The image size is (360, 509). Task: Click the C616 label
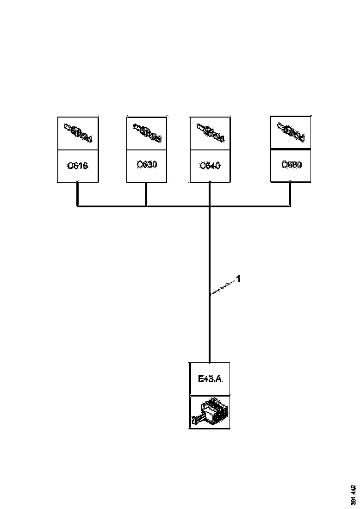point(78,166)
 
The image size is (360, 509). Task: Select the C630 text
point(147,164)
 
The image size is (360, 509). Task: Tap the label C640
point(210,165)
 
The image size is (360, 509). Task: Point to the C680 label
point(292,165)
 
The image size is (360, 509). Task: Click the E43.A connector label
point(210,379)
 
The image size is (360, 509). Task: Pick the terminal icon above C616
point(78,133)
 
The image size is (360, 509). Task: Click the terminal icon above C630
point(147,132)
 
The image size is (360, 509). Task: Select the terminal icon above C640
point(210,132)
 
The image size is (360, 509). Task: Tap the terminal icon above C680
point(291,131)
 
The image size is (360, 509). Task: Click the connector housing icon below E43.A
point(209,412)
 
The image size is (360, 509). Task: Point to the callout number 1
point(238,279)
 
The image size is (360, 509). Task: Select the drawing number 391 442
point(354,495)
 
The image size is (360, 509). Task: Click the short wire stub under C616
point(78,193)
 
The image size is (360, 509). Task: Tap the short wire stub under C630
point(147,193)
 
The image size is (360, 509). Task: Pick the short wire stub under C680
point(291,193)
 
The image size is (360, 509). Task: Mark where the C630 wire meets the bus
point(147,205)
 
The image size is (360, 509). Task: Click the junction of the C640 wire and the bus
point(210,205)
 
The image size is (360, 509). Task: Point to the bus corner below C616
point(78,205)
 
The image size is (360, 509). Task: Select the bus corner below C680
point(291,205)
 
